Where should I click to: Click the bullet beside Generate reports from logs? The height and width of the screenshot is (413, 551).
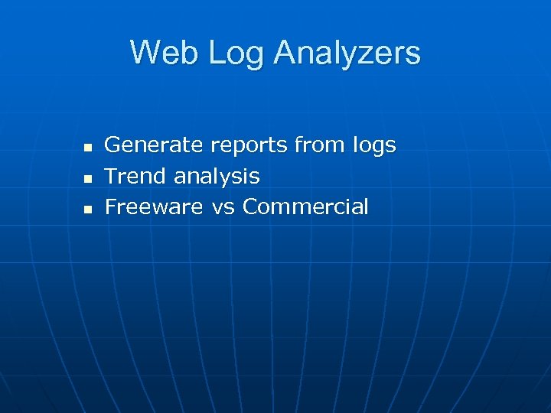tap(88, 146)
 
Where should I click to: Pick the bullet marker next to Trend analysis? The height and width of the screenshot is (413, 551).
tap(88, 177)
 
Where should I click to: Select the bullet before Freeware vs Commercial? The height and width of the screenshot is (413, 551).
tap(88, 208)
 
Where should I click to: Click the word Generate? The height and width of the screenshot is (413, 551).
tap(154, 145)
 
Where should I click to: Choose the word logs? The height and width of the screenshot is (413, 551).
tap(375, 146)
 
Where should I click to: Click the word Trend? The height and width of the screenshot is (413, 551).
tap(135, 176)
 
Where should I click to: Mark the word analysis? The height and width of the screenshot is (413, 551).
tap(217, 177)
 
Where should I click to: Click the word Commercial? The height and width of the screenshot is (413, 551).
tap(305, 206)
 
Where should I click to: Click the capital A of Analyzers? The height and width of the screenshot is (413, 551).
tap(285, 53)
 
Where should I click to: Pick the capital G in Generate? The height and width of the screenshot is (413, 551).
tap(113, 145)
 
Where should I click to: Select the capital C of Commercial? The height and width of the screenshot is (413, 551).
tap(251, 206)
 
